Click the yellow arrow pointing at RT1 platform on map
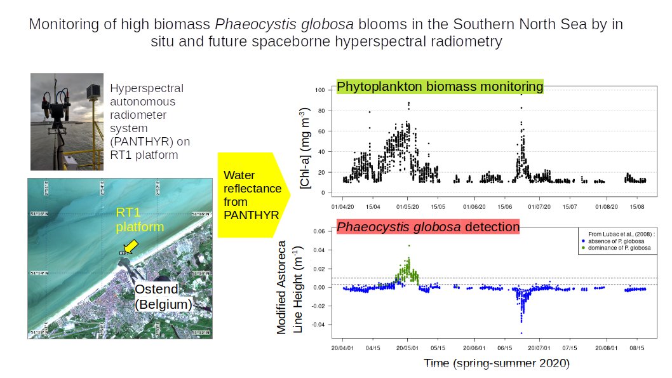pos(131,246)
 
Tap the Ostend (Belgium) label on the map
pos(163,297)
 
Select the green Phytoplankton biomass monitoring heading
pos(440,87)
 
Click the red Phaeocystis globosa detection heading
pos(427,227)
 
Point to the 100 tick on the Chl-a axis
pos(320,90)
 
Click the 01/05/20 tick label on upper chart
pos(407,206)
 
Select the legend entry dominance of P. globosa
pos(623,248)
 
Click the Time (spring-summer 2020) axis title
pos(497,363)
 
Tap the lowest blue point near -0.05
pos(521,333)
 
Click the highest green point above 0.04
pos(409,245)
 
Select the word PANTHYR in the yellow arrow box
pos(252,215)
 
